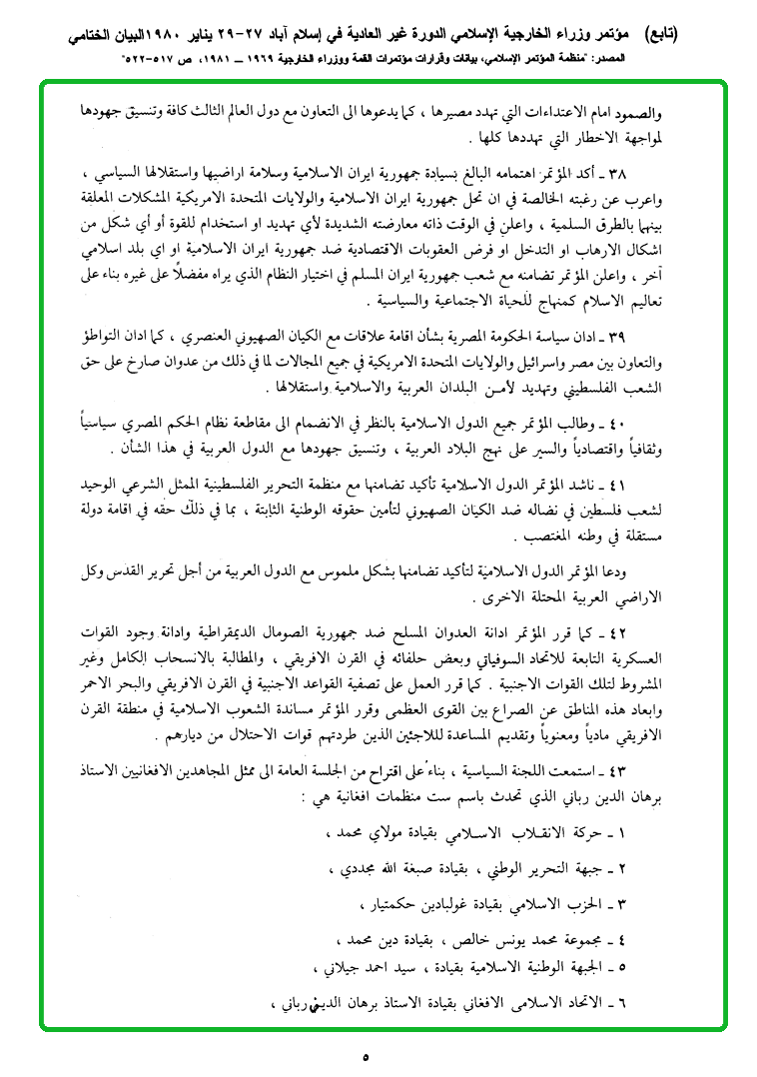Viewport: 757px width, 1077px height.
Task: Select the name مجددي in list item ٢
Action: pos(356,871)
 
